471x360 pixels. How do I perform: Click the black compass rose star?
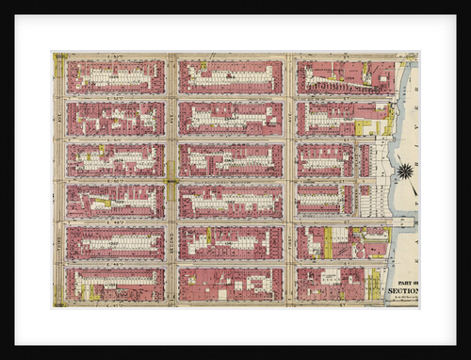click(x=405, y=172)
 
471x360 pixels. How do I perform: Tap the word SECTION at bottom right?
click(x=400, y=291)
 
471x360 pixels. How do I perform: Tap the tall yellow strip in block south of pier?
click(x=328, y=242)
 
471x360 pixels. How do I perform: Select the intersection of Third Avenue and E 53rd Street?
click(x=58, y=57)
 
